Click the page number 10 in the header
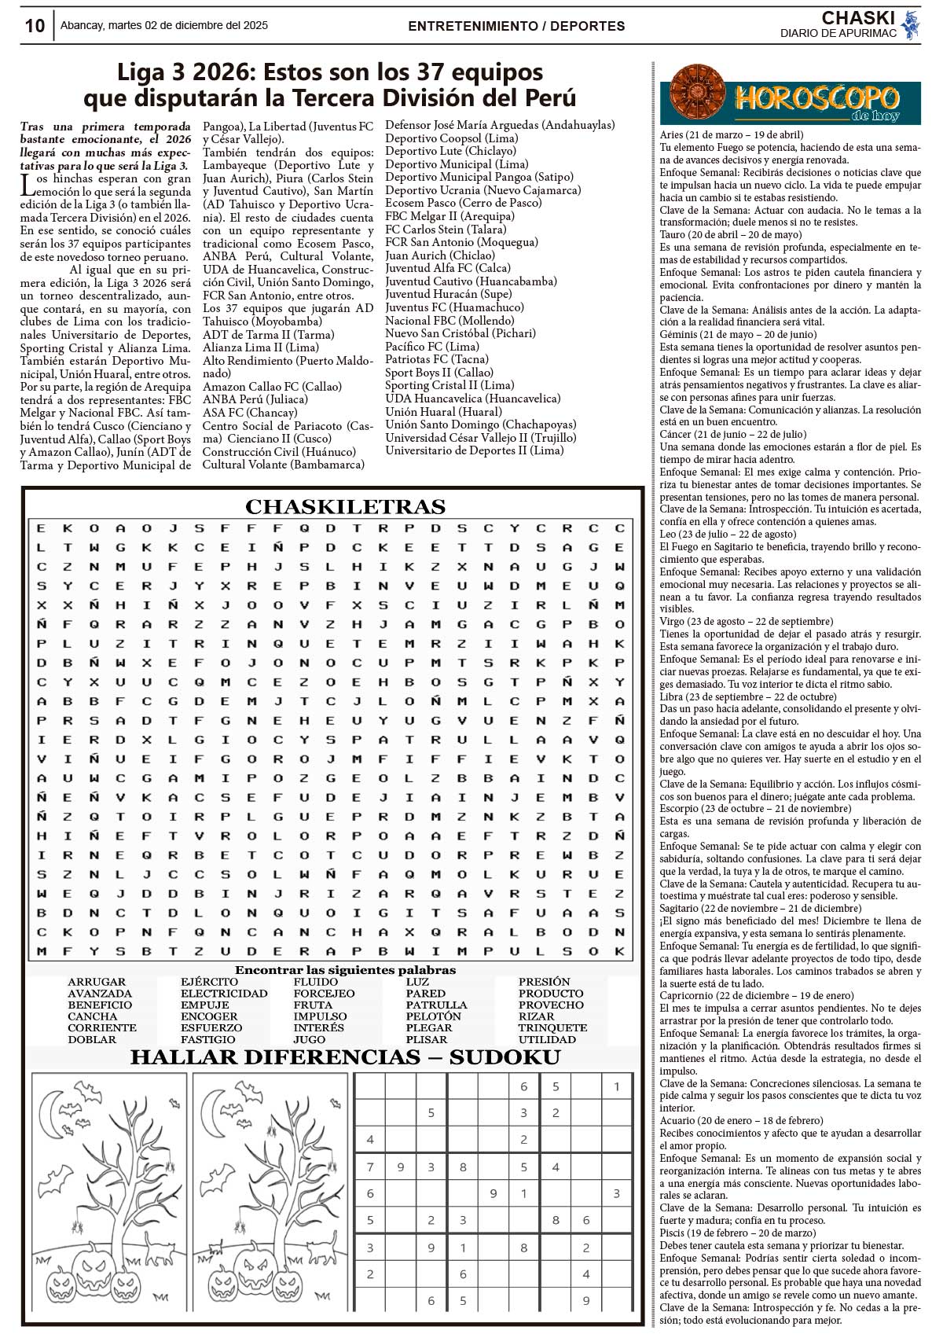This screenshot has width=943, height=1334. (x=35, y=26)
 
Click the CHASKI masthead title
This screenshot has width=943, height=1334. (x=858, y=18)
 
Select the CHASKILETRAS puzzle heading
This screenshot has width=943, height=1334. (x=345, y=506)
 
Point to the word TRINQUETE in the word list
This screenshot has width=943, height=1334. (x=552, y=1027)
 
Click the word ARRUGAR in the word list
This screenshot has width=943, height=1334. (x=97, y=982)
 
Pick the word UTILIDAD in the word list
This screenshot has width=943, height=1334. (x=547, y=1039)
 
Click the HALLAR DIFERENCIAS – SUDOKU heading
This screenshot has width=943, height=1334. (x=345, y=1058)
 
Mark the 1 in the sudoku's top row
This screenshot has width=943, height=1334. (x=617, y=1086)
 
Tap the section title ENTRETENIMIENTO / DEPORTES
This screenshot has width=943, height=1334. (x=516, y=26)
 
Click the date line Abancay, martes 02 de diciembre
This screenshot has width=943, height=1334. (x=163, y=25)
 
